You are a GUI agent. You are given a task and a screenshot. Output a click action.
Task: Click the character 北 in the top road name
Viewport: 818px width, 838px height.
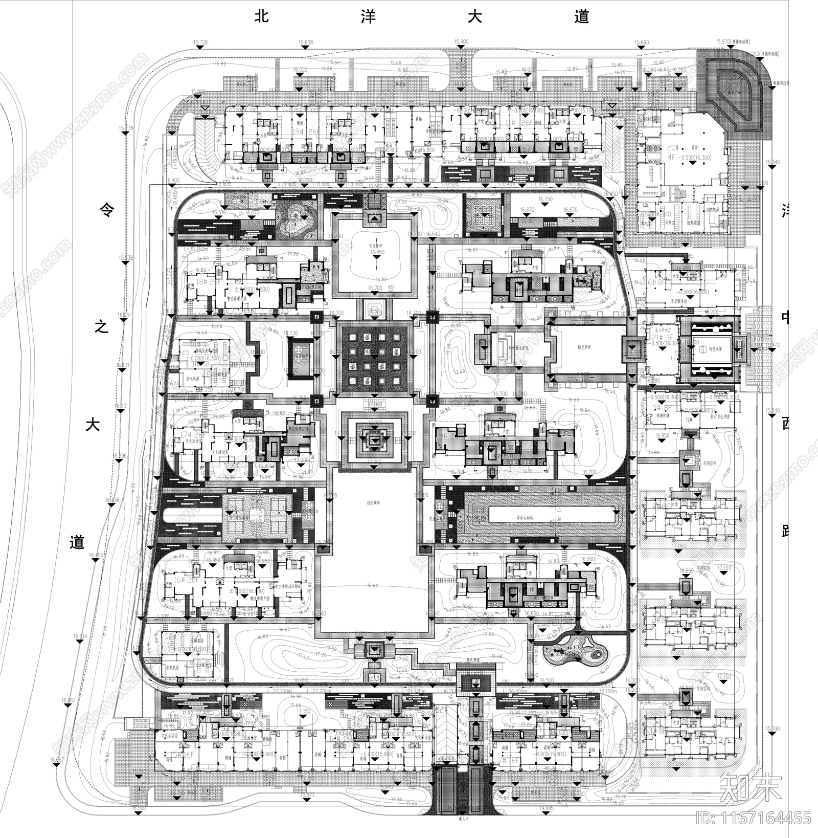(262, 17)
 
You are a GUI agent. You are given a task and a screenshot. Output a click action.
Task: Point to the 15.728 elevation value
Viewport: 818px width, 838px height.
(200, 42)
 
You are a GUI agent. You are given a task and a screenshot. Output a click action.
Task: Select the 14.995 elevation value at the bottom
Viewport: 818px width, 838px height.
(547, 808)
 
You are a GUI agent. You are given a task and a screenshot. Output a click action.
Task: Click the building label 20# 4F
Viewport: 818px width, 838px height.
(680, 153)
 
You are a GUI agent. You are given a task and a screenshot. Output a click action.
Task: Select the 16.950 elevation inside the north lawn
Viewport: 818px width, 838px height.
(377, 253)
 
